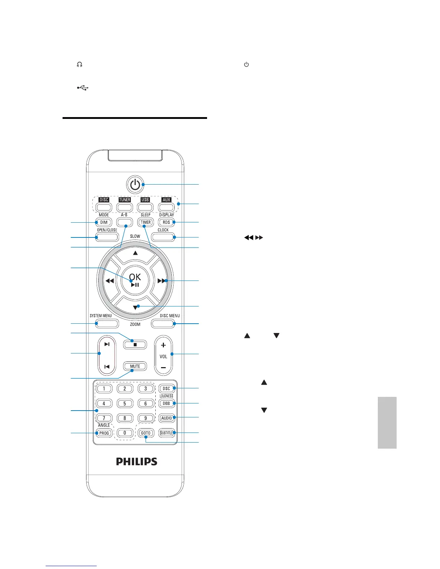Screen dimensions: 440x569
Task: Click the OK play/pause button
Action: pyautogui.click(x=135, y=279)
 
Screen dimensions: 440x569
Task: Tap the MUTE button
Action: pyautogui.click(x=135, y=366)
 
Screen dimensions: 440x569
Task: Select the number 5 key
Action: pyautogui.click(x=125, y=403)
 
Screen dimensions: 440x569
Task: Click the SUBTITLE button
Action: pyautogui.click(x=166, y=433)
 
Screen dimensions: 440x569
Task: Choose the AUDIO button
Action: pyautogui.click(x=166, y=418)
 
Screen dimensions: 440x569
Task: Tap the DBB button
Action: pyautogui.click(x=166, y=403)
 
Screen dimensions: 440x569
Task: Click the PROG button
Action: pyautogui.click(x=104, y=433)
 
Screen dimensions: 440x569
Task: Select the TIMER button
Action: pyautogui.click(x=146, y=222)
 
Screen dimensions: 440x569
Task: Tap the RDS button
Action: pyautogui.click(x=166, y=222)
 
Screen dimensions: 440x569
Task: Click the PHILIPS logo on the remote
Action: pyautogui.click(x=137, y=462)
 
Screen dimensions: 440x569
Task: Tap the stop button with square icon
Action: pyautogui.click(x=135, y=344)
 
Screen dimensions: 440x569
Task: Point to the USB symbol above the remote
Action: pyautogui.click(x=83, y=88)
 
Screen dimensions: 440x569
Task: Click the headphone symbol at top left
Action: pyautogui.click(x=79, y=65)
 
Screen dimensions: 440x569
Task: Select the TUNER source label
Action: pyautogui.click(x=125, y=200)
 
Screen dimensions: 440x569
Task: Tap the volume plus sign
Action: pyautogui.click(x=163, y=345)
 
